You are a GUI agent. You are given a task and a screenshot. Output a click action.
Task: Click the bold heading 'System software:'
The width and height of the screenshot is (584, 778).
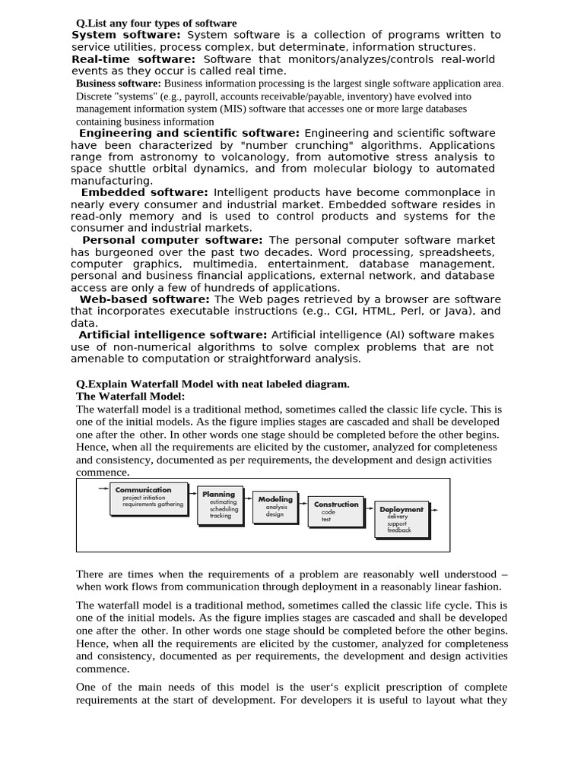[125, 35]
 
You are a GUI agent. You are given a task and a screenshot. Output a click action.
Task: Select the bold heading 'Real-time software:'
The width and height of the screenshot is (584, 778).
[133, 59]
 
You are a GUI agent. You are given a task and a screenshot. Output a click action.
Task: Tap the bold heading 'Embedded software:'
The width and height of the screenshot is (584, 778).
[144, 193]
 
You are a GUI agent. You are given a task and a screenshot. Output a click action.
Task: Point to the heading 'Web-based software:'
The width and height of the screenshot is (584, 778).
[144, 299]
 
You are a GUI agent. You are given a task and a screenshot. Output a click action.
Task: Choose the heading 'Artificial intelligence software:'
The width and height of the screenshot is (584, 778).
[173, 335]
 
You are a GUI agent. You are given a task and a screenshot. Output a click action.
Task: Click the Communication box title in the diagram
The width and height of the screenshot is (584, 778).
[143, 490]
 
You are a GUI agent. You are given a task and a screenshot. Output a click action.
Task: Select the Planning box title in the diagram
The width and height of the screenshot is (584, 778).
[218, 495]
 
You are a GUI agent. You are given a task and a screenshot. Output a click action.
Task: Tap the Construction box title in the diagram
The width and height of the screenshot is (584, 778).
[336, 504]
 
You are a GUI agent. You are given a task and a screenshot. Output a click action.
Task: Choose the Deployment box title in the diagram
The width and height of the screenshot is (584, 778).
[401, 510]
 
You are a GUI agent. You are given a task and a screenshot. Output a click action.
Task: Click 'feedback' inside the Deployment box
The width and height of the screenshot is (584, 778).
[398, 530]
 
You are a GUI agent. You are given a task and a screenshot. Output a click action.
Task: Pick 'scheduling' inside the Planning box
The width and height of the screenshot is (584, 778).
[224, 509]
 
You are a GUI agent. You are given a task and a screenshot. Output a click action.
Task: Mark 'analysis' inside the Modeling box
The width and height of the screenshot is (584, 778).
[276, 507]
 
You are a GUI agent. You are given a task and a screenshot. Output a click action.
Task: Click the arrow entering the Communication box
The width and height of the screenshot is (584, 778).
[103, 489]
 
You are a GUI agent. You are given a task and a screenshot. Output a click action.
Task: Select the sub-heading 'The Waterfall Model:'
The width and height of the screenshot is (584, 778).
[131, 397]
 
